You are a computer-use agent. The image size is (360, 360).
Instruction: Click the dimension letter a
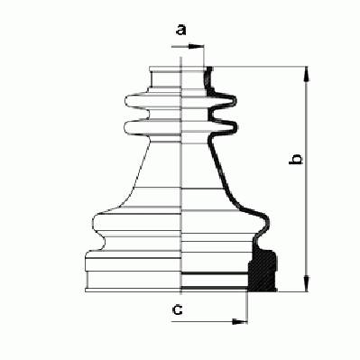coord(181,30)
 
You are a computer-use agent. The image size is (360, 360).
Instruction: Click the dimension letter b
coord(296,159)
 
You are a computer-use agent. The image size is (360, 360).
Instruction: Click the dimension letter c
coord(178,309)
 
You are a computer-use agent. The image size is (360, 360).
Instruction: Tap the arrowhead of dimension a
coord(197,47)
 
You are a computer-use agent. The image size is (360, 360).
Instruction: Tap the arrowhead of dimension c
coord(240,322)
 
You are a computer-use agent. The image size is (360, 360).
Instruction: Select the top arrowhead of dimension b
coord(307,74)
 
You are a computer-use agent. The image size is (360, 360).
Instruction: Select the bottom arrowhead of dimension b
coord(307,283)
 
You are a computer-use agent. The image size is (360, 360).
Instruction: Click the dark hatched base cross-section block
coord(263,271)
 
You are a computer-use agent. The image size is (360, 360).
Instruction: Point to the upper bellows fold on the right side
coord(223,101)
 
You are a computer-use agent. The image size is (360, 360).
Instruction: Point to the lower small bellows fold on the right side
coord(224,125)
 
